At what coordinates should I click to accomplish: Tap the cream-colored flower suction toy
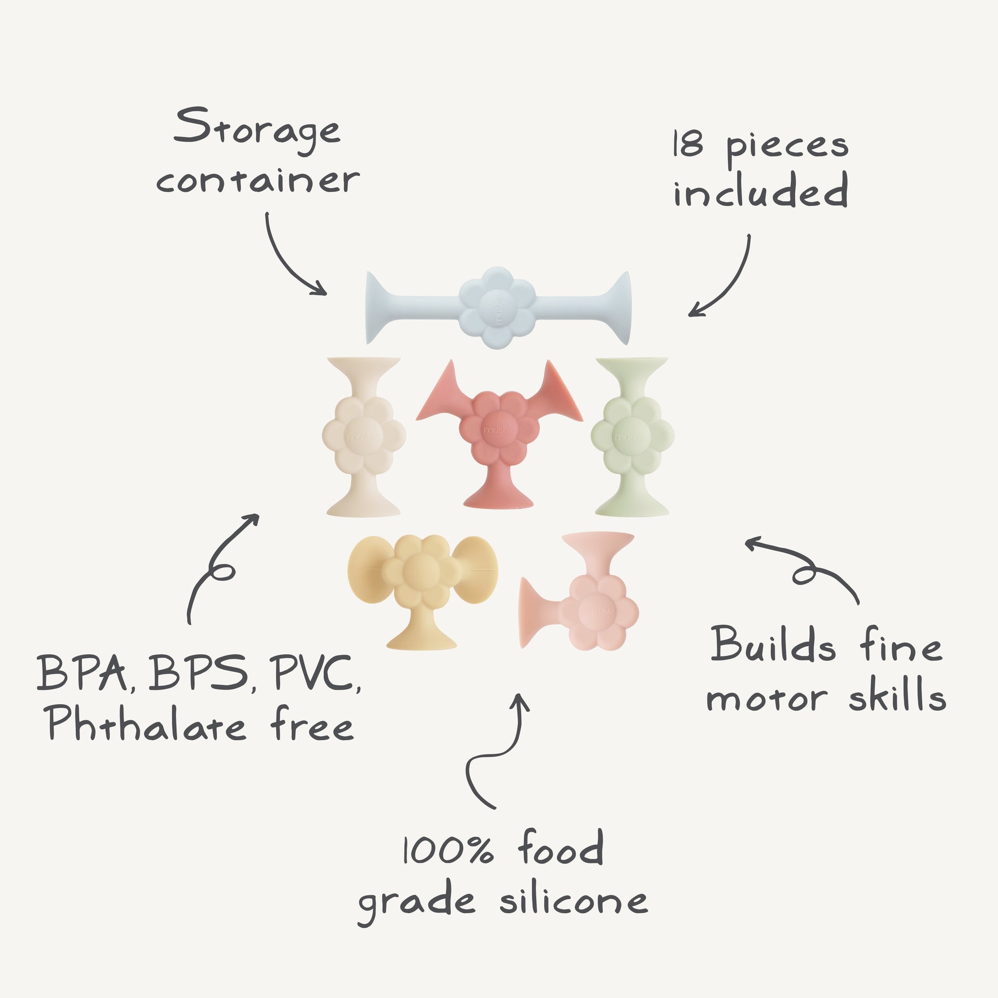coord(364,437)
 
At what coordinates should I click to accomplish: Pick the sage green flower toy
coord(632,437)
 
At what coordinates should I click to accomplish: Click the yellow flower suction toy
coord(422,592)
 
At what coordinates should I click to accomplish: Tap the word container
coord(258,180)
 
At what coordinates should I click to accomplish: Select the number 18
coord(688,144)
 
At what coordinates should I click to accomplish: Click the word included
coord(761,190)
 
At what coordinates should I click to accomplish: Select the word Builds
coord(773,645)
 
